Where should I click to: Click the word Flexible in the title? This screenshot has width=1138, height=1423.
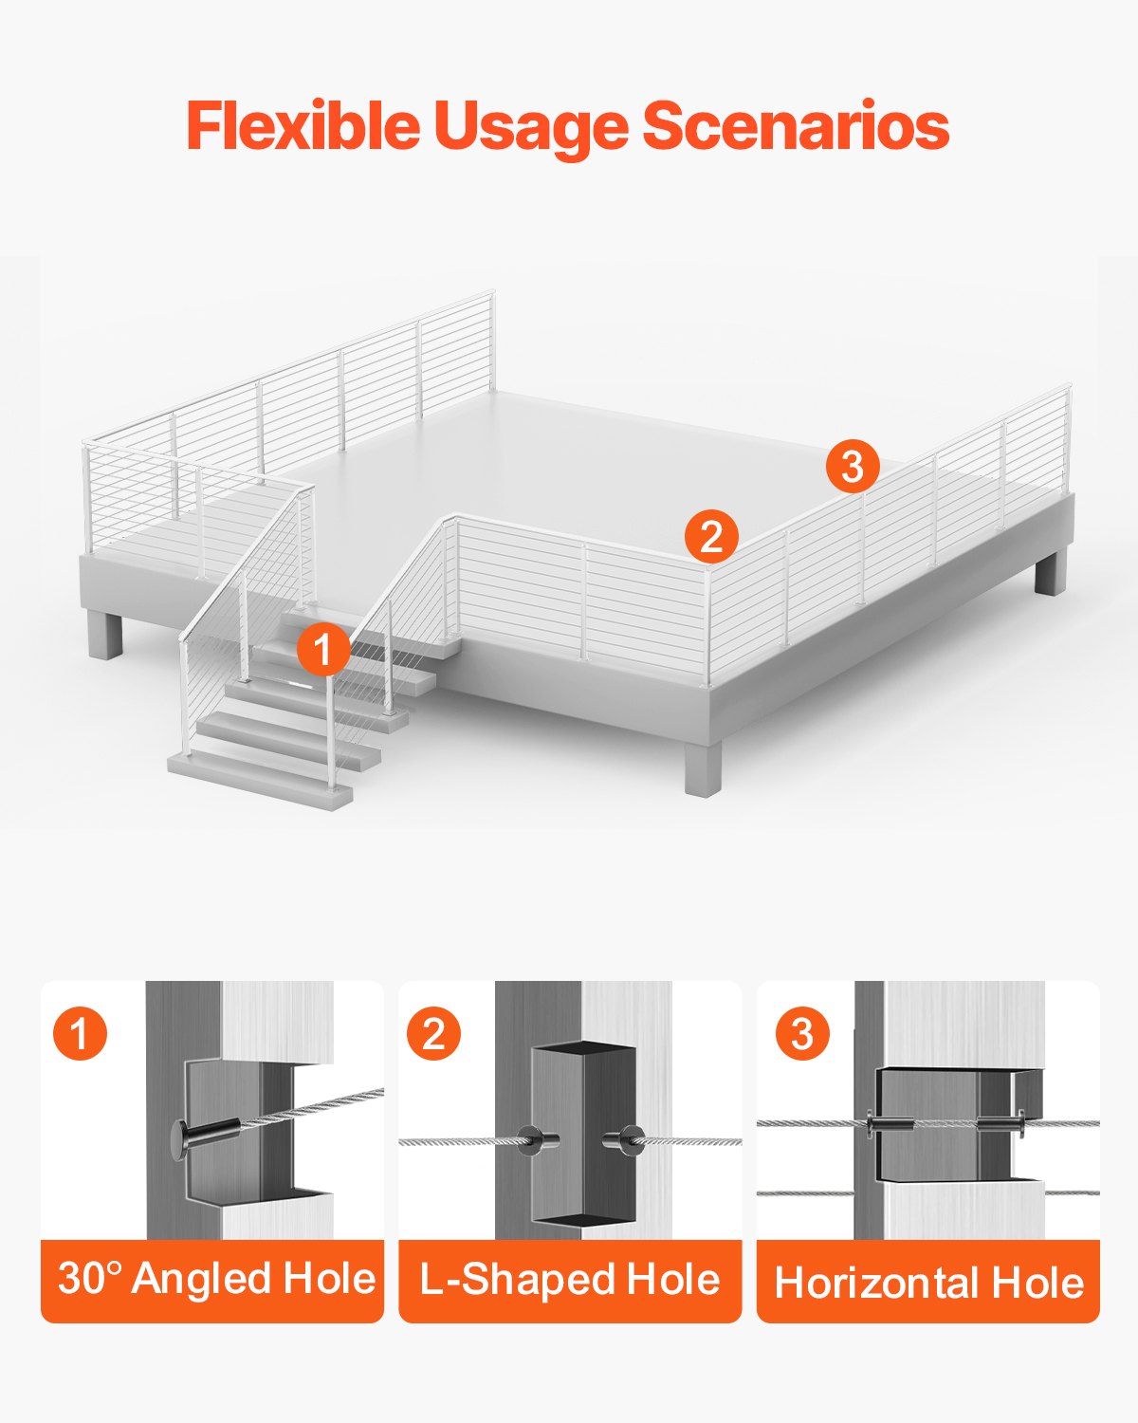302,125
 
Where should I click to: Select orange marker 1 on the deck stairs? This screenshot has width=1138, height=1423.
323,650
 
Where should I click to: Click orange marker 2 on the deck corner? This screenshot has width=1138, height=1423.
711,536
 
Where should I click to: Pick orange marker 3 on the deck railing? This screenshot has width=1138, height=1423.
852,466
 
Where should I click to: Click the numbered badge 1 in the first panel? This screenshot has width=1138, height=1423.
81,1033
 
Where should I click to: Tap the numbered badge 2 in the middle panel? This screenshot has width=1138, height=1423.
433,1033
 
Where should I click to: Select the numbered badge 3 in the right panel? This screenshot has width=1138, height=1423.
802,1033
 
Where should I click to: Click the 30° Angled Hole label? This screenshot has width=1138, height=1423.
215,1279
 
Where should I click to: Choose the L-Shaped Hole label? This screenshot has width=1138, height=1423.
569,1280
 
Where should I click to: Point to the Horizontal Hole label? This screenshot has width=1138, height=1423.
928,1284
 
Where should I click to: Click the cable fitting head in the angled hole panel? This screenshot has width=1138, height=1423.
182,1137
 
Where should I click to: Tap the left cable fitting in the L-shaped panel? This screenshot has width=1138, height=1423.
537,1139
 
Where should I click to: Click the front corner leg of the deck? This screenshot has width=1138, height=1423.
703,767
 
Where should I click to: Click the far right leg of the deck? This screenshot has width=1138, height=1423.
1047,573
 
